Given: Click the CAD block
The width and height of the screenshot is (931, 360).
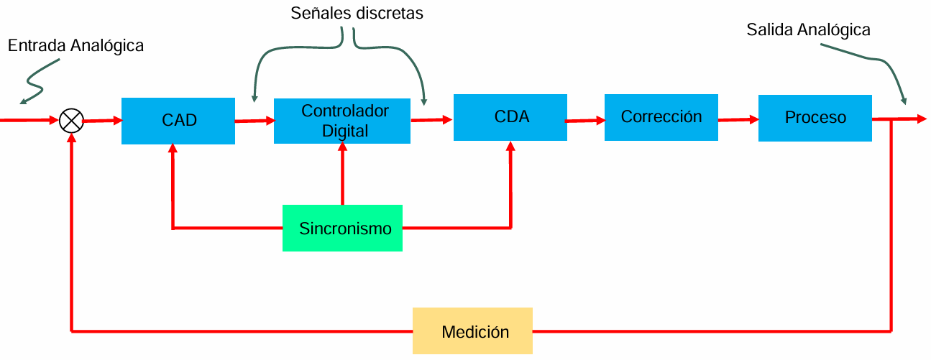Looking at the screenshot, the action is click(178, 121).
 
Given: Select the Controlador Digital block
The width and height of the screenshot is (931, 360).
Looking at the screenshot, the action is click(342, 121).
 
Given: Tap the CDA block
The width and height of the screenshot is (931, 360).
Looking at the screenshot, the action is click(510, 118).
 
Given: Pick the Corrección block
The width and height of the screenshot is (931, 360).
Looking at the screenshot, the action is click(661, 118).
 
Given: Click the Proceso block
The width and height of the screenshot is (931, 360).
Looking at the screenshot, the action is click(815, 119).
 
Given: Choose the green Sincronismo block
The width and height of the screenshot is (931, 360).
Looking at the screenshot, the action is click(342, 228).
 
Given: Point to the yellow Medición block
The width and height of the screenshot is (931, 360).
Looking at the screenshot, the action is click(472, 331).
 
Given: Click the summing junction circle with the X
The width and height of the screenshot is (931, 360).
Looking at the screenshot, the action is click(71, 121).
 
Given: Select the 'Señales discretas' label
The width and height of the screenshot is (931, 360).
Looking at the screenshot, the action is click(357, 13).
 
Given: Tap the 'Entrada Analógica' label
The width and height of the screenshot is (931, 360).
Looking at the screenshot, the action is click(75, 46).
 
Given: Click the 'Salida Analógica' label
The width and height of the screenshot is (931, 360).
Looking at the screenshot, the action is click(808, 30).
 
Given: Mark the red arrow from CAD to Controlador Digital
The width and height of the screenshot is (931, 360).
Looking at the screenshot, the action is click(254, 121).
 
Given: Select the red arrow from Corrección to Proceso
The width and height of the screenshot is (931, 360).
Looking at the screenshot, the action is click(738, 120).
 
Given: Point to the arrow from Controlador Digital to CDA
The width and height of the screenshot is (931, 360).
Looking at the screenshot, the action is click(431, 120).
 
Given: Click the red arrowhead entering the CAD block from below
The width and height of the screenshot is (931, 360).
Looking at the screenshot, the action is click(173, 148).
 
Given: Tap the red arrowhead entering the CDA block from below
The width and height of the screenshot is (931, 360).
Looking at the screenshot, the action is click(511, 145).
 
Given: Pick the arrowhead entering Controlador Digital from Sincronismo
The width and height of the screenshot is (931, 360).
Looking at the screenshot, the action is click(342, 147).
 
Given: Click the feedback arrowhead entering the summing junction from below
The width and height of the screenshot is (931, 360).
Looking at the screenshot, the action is click(72, 138).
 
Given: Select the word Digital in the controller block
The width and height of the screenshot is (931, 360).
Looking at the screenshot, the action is click(345, 131).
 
